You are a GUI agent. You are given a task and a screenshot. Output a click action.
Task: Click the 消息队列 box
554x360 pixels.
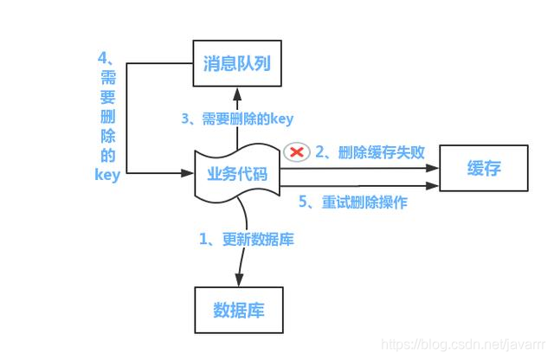[x=237, y=64]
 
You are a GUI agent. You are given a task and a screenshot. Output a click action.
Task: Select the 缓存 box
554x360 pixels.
[x=483, y=169]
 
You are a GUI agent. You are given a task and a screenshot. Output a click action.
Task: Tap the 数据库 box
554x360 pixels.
[x=237, y=310]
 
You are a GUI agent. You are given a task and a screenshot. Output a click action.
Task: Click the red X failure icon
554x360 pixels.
[x=298, y=152]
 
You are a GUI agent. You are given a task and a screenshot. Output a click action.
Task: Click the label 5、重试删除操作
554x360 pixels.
[x=352, y=202]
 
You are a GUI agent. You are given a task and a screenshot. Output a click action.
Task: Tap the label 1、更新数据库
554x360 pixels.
[x=247, y=239]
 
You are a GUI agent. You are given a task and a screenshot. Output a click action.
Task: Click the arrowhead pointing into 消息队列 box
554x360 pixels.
[x=236, y=93]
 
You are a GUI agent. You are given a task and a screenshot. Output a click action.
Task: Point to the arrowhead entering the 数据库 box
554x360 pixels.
[x=237, y=281]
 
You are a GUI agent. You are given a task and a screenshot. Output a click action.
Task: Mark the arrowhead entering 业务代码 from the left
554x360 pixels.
[x=188, y=173]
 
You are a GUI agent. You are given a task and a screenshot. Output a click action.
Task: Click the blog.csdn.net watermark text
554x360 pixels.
[x=463, y=345]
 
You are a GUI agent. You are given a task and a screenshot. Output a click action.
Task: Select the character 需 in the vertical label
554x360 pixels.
[x=107, y=80]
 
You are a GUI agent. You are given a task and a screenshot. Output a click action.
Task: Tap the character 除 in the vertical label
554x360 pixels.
[x=107, y=137]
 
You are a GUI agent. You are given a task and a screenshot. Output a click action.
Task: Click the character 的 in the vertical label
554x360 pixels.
[x=107, y=157]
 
